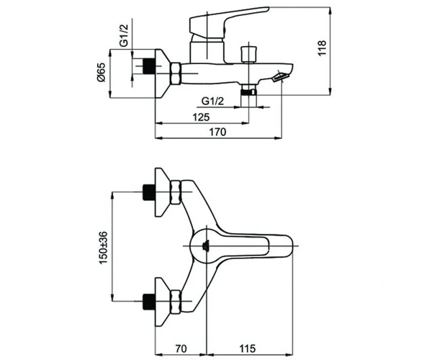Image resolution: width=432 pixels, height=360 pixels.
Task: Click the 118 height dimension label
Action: click(322, 48)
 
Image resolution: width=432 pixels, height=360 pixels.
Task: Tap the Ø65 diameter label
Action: click(101, 72)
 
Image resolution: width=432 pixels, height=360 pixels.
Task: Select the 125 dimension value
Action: click(201, 117)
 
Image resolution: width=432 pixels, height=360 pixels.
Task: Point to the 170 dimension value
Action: click(217, 132)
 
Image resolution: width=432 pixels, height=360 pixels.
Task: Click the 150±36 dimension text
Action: click(103, 248)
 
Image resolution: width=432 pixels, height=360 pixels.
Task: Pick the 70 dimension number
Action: click(181, 348)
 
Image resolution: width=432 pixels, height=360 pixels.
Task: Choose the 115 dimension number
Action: click(247, 348)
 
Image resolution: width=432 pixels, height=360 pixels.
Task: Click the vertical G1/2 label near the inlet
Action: click(124, 35)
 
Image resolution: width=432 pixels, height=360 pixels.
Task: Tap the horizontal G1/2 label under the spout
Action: click(212, 101)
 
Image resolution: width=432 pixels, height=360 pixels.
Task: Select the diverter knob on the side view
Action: click(249, 54)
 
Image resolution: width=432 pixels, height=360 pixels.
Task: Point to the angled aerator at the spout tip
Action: click(280, 76)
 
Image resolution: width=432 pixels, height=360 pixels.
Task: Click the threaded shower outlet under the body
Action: click(249, 90)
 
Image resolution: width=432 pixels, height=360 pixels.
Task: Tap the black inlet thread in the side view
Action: click(149, 66)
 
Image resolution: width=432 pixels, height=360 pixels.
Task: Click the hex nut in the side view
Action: click(176, 73)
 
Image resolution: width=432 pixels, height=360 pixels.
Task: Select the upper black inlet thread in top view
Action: click(149, 192)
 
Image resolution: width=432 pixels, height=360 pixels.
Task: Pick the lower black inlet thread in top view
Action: click(149, 301)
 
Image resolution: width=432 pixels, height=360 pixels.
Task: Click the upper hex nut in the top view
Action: click(176, 192)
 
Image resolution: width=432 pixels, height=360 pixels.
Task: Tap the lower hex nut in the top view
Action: click(176, 302)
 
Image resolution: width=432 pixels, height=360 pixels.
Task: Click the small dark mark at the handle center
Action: click(206, 245)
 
